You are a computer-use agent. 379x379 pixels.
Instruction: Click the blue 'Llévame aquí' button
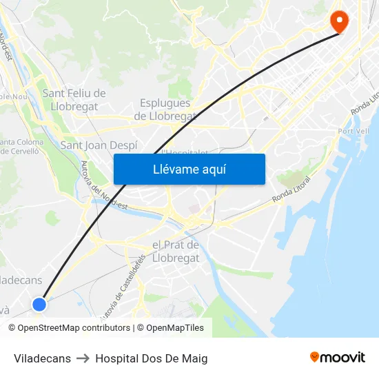pos(189,169)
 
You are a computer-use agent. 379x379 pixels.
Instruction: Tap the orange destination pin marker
pos(339,21)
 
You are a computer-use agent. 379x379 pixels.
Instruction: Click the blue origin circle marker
pos(39,304)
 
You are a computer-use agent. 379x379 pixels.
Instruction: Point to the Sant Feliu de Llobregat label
pos(74,100)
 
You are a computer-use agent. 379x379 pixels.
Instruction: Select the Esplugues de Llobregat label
pos(165,110)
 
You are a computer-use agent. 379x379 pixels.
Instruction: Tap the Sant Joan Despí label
pos(99,145)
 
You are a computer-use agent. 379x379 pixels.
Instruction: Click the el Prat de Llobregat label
pos(175,252)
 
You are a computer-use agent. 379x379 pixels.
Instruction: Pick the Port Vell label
pos(353,132)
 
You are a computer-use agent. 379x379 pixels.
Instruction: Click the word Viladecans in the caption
pos(42,358)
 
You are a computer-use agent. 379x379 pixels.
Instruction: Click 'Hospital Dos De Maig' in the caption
pos(151,358)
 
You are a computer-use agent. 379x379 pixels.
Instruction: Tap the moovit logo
pos(337,357)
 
